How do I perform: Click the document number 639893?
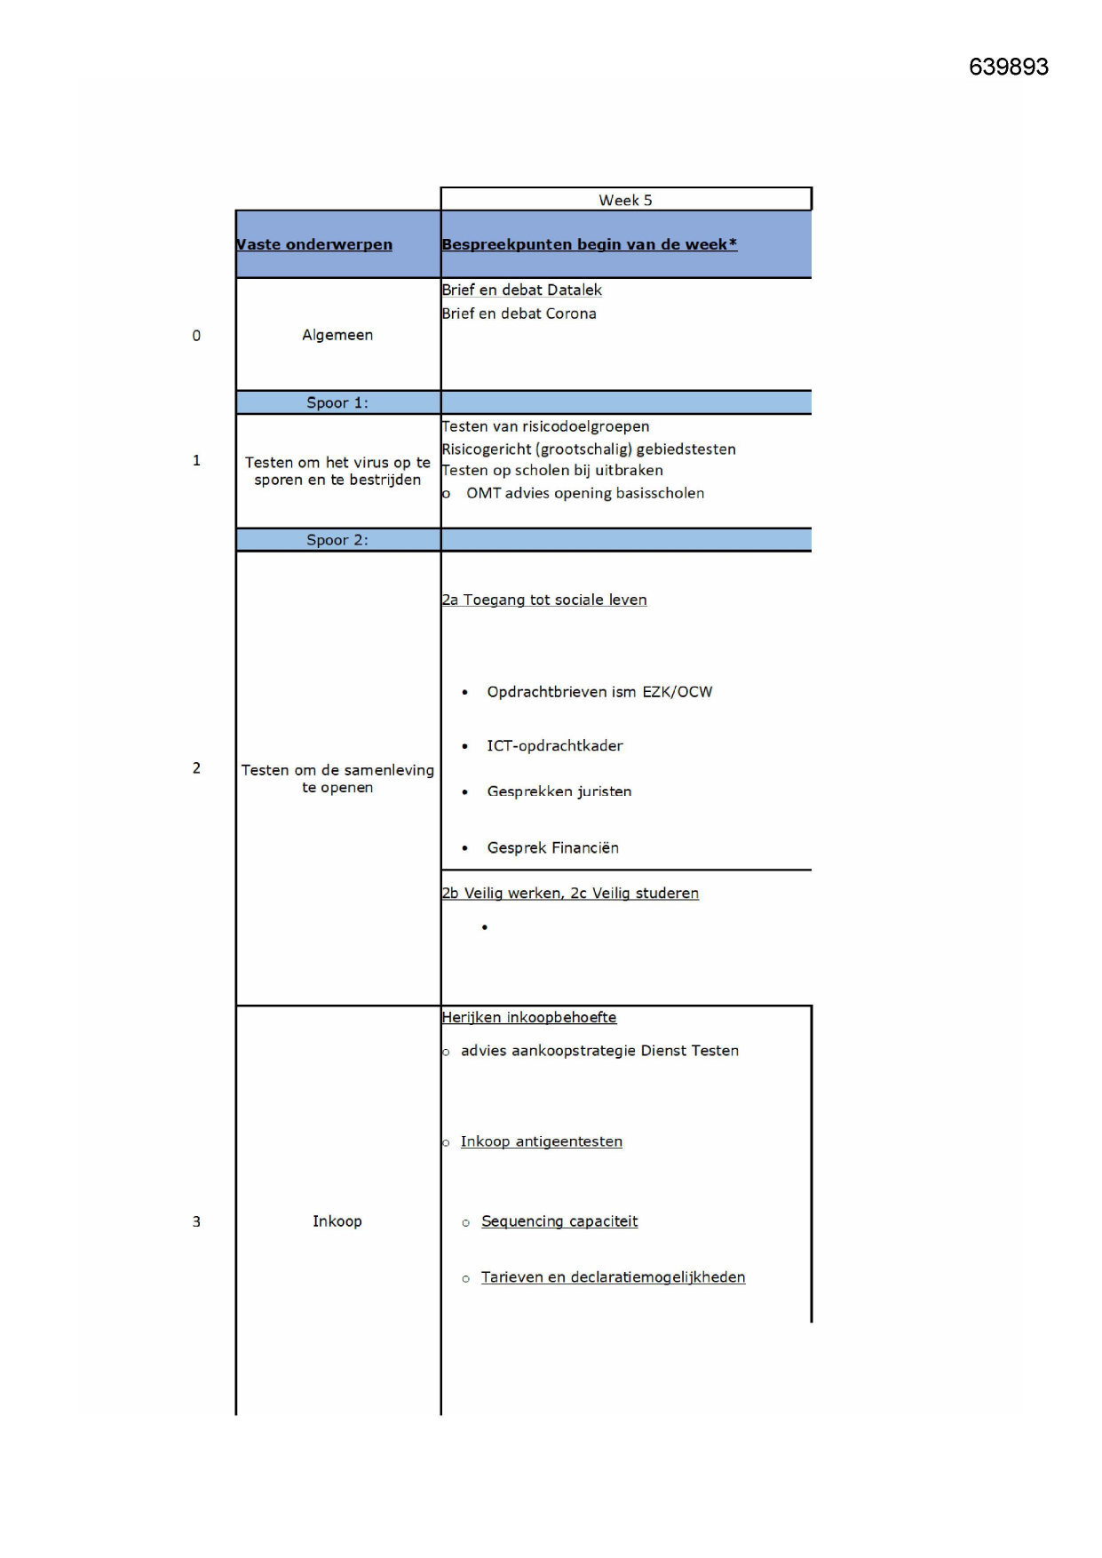[1008, 68]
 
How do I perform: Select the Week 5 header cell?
[625, 200]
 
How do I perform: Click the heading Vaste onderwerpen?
[314, 244]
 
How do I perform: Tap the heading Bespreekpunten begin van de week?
[589, 244]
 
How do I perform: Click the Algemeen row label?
[337, 335]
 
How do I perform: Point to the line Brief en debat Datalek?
[522, 290]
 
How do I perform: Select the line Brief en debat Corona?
[519, 314]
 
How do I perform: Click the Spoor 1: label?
[337, 402]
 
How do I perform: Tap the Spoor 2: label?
[337, 540]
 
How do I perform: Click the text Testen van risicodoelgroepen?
[546, 426]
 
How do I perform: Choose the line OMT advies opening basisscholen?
[585, 493]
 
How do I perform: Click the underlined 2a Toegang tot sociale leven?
[544, 600]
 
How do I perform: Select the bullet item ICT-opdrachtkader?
[555, 745]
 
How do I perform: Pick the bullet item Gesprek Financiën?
[553, 847]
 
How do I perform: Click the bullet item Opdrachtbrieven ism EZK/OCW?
[599, 692]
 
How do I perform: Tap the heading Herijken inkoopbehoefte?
[529, 1017]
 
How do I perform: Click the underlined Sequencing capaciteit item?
[559, 1221]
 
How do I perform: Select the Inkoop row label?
[337, 1221]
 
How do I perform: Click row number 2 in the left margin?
[196, 768]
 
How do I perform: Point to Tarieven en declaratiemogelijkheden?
[613, 1277]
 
